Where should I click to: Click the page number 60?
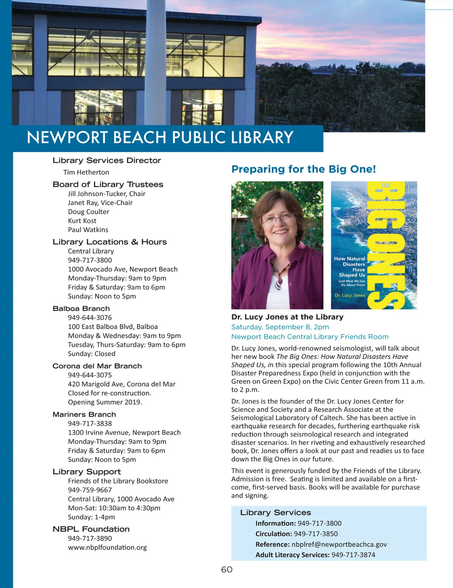pyautogui.click(x=226, y=570)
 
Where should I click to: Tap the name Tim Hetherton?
pyautogui.click(x=86, y=172)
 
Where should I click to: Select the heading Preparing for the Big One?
pyautogui.click(x=304, y=169)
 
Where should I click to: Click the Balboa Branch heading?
pyautogui.click(x=81, y=309)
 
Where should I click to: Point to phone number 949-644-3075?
pyautogui.click(x=90, y=375)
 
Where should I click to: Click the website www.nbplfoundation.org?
pyautogui.click(x=107, y=547)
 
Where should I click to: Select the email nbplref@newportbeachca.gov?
pyautogui.click(x=339, y=544)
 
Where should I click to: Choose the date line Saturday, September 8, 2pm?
pyautogui.click(x=280, y=327)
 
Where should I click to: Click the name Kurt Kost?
pyautogui.click(x=82, y=221)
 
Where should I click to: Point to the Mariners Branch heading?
pyautogui.click(x=84, y=414)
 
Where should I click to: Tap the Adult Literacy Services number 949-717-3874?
pyautogui.click(x=353, y=555)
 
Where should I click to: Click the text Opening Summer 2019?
pyautogui.click(x=105, y=402)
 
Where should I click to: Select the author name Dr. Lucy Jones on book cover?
pyautogui.click(x=350, y=295)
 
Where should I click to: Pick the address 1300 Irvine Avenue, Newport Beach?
pyautogui.click(x=124, y=433)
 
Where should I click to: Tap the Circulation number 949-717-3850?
pyautogui.click(x=316, y=534)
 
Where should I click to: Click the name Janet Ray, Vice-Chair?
pyautogui.click(x=100, y=203)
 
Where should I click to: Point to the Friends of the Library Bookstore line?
pyautogui.click(x=118, y=481)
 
